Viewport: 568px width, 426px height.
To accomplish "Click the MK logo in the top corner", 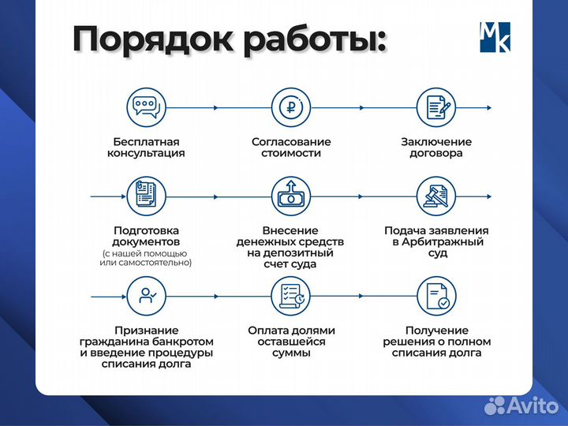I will click(x=495, y=37).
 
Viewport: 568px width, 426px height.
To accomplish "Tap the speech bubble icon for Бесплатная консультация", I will click(x=146, y=106).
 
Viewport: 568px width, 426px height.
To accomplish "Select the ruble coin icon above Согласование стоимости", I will click(x=290, y=106).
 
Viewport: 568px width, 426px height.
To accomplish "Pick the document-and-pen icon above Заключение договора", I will click(x=435, y=106).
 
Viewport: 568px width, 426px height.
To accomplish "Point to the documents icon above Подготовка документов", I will click(x=146, y=194).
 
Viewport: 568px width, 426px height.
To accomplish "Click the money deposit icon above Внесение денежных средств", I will click(x=290, y=194).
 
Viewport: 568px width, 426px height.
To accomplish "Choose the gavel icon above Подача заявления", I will click(x=435, y=194).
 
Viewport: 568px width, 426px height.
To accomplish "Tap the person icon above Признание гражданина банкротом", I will click(x=146, y=295).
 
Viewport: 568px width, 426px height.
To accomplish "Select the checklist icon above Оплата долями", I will click(x=290, y=295).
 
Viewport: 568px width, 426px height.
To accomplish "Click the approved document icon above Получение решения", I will click(x=435, y=295).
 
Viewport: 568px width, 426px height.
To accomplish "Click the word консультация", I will click(x=146, y=154).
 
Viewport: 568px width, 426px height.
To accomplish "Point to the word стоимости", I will click(x=290, y=154).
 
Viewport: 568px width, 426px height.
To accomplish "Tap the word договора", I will click(x=435, y=154).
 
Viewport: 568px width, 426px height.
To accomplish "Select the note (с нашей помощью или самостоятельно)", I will click(x=146, y=258).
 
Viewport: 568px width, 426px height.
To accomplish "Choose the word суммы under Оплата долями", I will click(x=290, y=353).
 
